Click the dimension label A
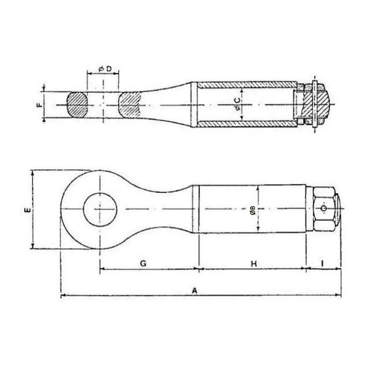195,291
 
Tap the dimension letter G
143,264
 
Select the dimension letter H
254,264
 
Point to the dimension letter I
322,264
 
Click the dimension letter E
28,210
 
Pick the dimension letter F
39,105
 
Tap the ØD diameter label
105,69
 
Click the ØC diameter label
238,104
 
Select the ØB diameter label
253,211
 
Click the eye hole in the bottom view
100,209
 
